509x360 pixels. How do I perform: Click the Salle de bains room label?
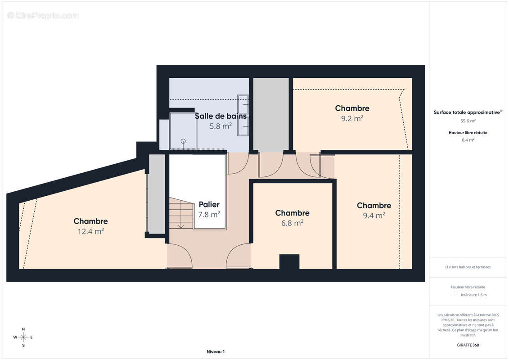(x=221, y=116)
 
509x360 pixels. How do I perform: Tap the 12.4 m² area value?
(x=90, y=231)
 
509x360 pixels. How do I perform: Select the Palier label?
(x=209, y=205)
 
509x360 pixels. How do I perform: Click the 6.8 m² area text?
(x=292, y=223)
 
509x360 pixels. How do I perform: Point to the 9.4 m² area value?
(x=374, y=216)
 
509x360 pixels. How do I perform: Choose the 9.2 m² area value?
(x=352, y=118)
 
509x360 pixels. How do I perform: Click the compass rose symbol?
(x=23, y=337)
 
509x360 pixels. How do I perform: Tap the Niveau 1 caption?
(x=215, y=351)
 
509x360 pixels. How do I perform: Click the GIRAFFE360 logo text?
(x=468, y=345)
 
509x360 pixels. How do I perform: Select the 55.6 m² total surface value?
(x=468, y=121)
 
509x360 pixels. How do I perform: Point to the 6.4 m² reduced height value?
(x=468, y=140)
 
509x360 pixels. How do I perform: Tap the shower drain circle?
(x=183, y=141)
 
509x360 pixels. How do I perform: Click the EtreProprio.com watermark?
(x=43, y=15)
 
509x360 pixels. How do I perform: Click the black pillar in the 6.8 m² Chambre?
(x=289, y=262)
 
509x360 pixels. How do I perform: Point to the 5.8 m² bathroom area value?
(x=221, y=126)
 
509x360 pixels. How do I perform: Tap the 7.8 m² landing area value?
(x=209, y=215)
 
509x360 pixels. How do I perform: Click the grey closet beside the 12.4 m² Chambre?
(x=157, y=194)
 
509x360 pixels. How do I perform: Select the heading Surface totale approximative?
(x=467, y=112)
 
